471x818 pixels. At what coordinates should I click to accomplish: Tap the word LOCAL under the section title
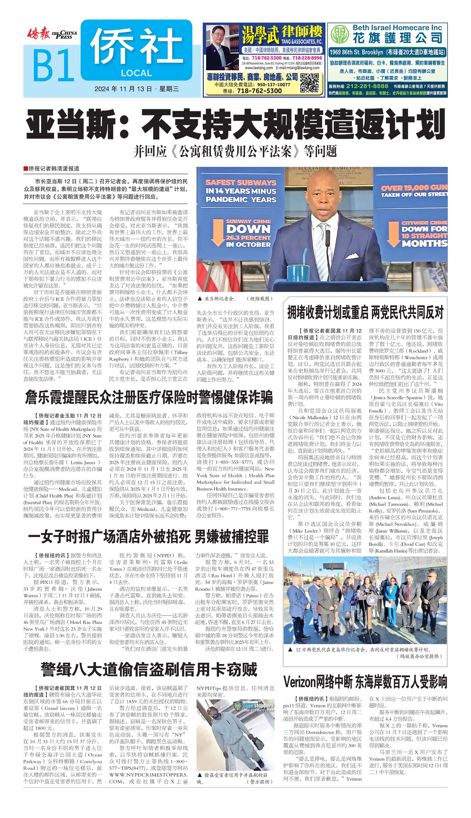coord(136,73)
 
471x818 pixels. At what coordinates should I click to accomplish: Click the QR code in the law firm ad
coord(310,83)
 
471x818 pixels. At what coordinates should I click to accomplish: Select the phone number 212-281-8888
coord(367,86)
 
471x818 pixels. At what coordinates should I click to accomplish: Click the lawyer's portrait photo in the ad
coord(222,47)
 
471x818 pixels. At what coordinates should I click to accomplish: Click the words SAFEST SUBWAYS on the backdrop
coord(241,182)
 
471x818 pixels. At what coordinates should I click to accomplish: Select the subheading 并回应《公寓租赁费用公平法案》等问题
coord(235,151)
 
